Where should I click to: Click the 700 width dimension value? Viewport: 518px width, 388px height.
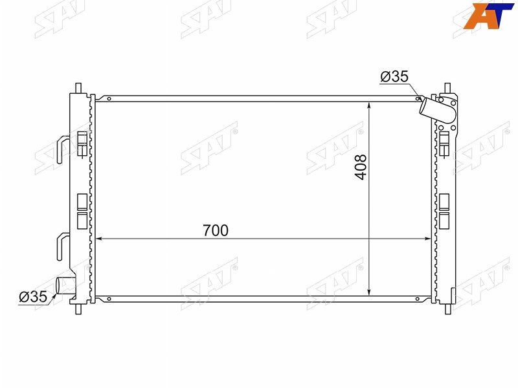click(x=216, y=231)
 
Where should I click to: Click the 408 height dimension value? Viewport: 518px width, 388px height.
click(x=361, y=167)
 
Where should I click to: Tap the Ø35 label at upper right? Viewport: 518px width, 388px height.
click(x=394, y=76)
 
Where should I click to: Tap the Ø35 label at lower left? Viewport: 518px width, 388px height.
click(x=33, y=297)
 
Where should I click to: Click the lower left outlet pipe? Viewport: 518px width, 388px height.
click(x=66, y=286)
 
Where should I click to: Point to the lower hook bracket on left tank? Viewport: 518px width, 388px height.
click(x=63, y=246)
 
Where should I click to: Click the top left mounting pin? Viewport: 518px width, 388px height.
click(x=78, y=88)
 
